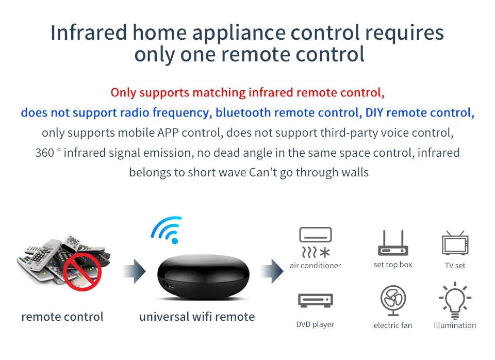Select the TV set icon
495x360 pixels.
pos(455,243)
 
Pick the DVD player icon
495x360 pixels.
pos(316,301)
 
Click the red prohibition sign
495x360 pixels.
pos(82,271)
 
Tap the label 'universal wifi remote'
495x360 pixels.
pos(197,317)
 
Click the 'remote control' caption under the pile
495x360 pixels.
pos(62,317)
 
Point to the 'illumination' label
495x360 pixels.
pos(455,325)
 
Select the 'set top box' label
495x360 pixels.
pos(393,265)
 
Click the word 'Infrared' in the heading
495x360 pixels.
pos(88,33)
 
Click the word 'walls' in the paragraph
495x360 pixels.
pos(355,172)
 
